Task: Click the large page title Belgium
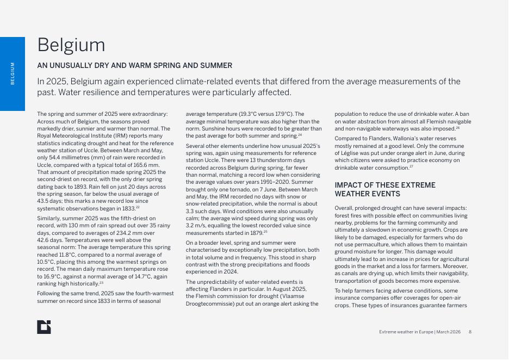(71, 45)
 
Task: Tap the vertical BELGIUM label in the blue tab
(13, 73)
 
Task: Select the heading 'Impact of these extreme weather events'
(385, 189)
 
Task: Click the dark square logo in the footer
(44, 327)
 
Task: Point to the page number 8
(470, 332)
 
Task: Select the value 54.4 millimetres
(71, 158)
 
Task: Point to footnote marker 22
(138, 207)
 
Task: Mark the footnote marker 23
(101, 283)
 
